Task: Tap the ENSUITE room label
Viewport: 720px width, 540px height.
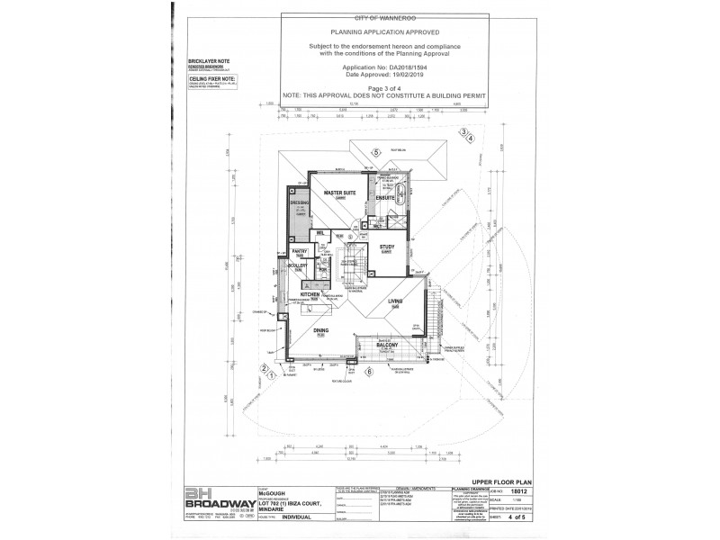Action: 386,197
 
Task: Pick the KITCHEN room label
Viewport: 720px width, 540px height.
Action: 310,294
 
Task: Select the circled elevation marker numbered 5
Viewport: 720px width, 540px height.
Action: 375,151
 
